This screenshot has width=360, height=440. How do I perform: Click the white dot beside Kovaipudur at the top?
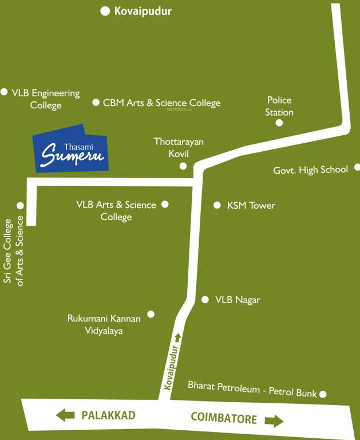coord(105,11)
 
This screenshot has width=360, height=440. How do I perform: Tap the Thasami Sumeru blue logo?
coord(71,148)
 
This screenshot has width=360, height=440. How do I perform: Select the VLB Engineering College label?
coord(46,99)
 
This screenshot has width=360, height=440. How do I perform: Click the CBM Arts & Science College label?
coord(161,103)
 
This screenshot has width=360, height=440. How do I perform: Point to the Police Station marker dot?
coord(279,123)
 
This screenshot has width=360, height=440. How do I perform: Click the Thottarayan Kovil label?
coord(179,147)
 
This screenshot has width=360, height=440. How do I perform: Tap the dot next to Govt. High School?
coord(357,167)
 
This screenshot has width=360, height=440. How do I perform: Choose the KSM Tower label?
coord(251,205)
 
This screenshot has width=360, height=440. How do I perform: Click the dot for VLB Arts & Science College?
coord(165,204)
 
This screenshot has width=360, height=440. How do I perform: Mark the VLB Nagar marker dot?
coord(205,300)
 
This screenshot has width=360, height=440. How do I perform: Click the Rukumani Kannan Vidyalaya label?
coord(104,324)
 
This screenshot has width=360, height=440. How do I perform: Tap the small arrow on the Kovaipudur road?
coord(177,337)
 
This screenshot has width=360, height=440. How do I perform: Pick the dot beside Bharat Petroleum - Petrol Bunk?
coord(323,394)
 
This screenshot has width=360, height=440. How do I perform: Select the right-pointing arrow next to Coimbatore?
coord(274,421)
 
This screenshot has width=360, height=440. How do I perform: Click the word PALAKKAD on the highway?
coord(108,415)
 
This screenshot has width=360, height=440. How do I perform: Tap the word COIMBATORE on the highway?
coord(223,419)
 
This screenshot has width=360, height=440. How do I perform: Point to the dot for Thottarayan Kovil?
coord(183,166)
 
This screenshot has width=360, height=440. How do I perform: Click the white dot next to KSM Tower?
coord(217,205)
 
